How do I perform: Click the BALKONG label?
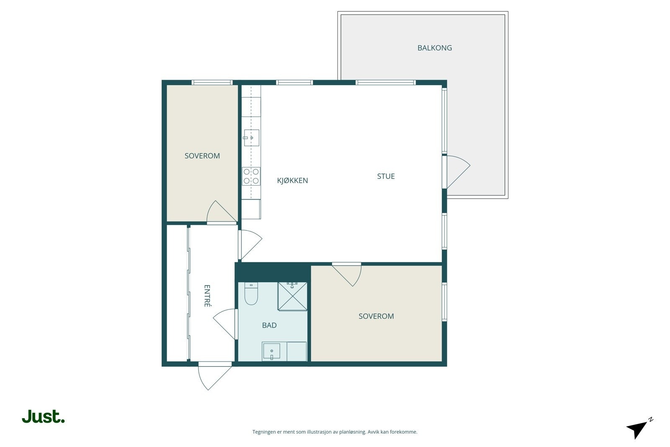[x=435, y=48]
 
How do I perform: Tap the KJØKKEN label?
[x=293, y=181]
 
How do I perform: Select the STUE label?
[x=386, y=176]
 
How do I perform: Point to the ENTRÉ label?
[x=207, y=296]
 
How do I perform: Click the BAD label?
[x=269, y=325]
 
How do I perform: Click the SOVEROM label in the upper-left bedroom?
[x=202, y=156]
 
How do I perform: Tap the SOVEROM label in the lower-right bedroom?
[x=376, y=316]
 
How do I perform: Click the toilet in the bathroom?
[x=251, y=293]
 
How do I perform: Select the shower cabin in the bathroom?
[x=293, y=296]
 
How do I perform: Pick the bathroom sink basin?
[x=271, y=351]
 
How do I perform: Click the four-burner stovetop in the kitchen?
[x=251, y=176]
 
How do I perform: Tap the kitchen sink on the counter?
[x=252, y=138]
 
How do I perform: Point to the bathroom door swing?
[x=224, y=324]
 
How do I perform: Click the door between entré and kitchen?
[x=251, y=244]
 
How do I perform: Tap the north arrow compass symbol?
[x=639, y=429]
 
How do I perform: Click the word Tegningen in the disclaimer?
[x=265, y=432]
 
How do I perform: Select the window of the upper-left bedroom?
[x=212, y=82]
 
